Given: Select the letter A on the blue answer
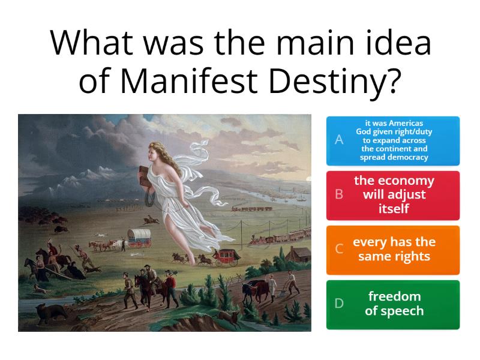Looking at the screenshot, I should pos(339,140).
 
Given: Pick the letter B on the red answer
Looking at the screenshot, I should pos(339,194).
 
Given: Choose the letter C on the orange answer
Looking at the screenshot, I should pos(339,250).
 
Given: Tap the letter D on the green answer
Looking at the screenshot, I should pos(339,304).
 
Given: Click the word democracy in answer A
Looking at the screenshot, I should pos(394,158).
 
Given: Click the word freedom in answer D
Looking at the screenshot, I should pos(394,296).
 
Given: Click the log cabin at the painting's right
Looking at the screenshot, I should pos(296,255).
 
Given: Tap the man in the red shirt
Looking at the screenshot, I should pos(169,279).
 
